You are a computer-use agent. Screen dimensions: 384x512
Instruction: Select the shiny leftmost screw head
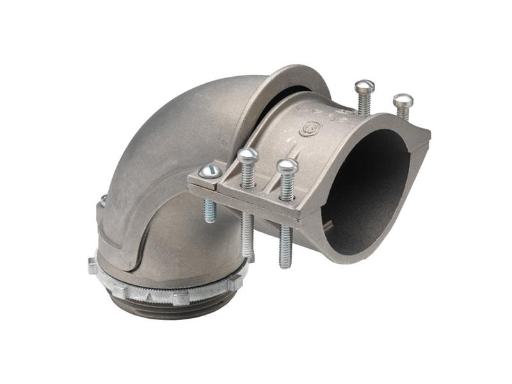(x=211, y=171)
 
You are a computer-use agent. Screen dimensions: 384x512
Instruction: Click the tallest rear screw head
(x=364, y=86)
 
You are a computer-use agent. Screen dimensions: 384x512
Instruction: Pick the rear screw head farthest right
(x=403, y=100)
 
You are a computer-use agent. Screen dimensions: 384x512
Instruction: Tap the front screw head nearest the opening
(x=287, y=166)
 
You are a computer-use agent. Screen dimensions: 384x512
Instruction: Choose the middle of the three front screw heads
(x=247, y=155)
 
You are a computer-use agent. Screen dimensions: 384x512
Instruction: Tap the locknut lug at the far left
(x=93, y=265)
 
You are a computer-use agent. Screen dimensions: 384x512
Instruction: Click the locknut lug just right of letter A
(x=180, y=298)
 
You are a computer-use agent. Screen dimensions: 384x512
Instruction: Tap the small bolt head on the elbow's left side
(x=103, y=200)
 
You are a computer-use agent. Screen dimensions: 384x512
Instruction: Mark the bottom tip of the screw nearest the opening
(x=286, y=263)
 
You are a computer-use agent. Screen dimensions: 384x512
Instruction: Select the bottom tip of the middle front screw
(x=248, y=253)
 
